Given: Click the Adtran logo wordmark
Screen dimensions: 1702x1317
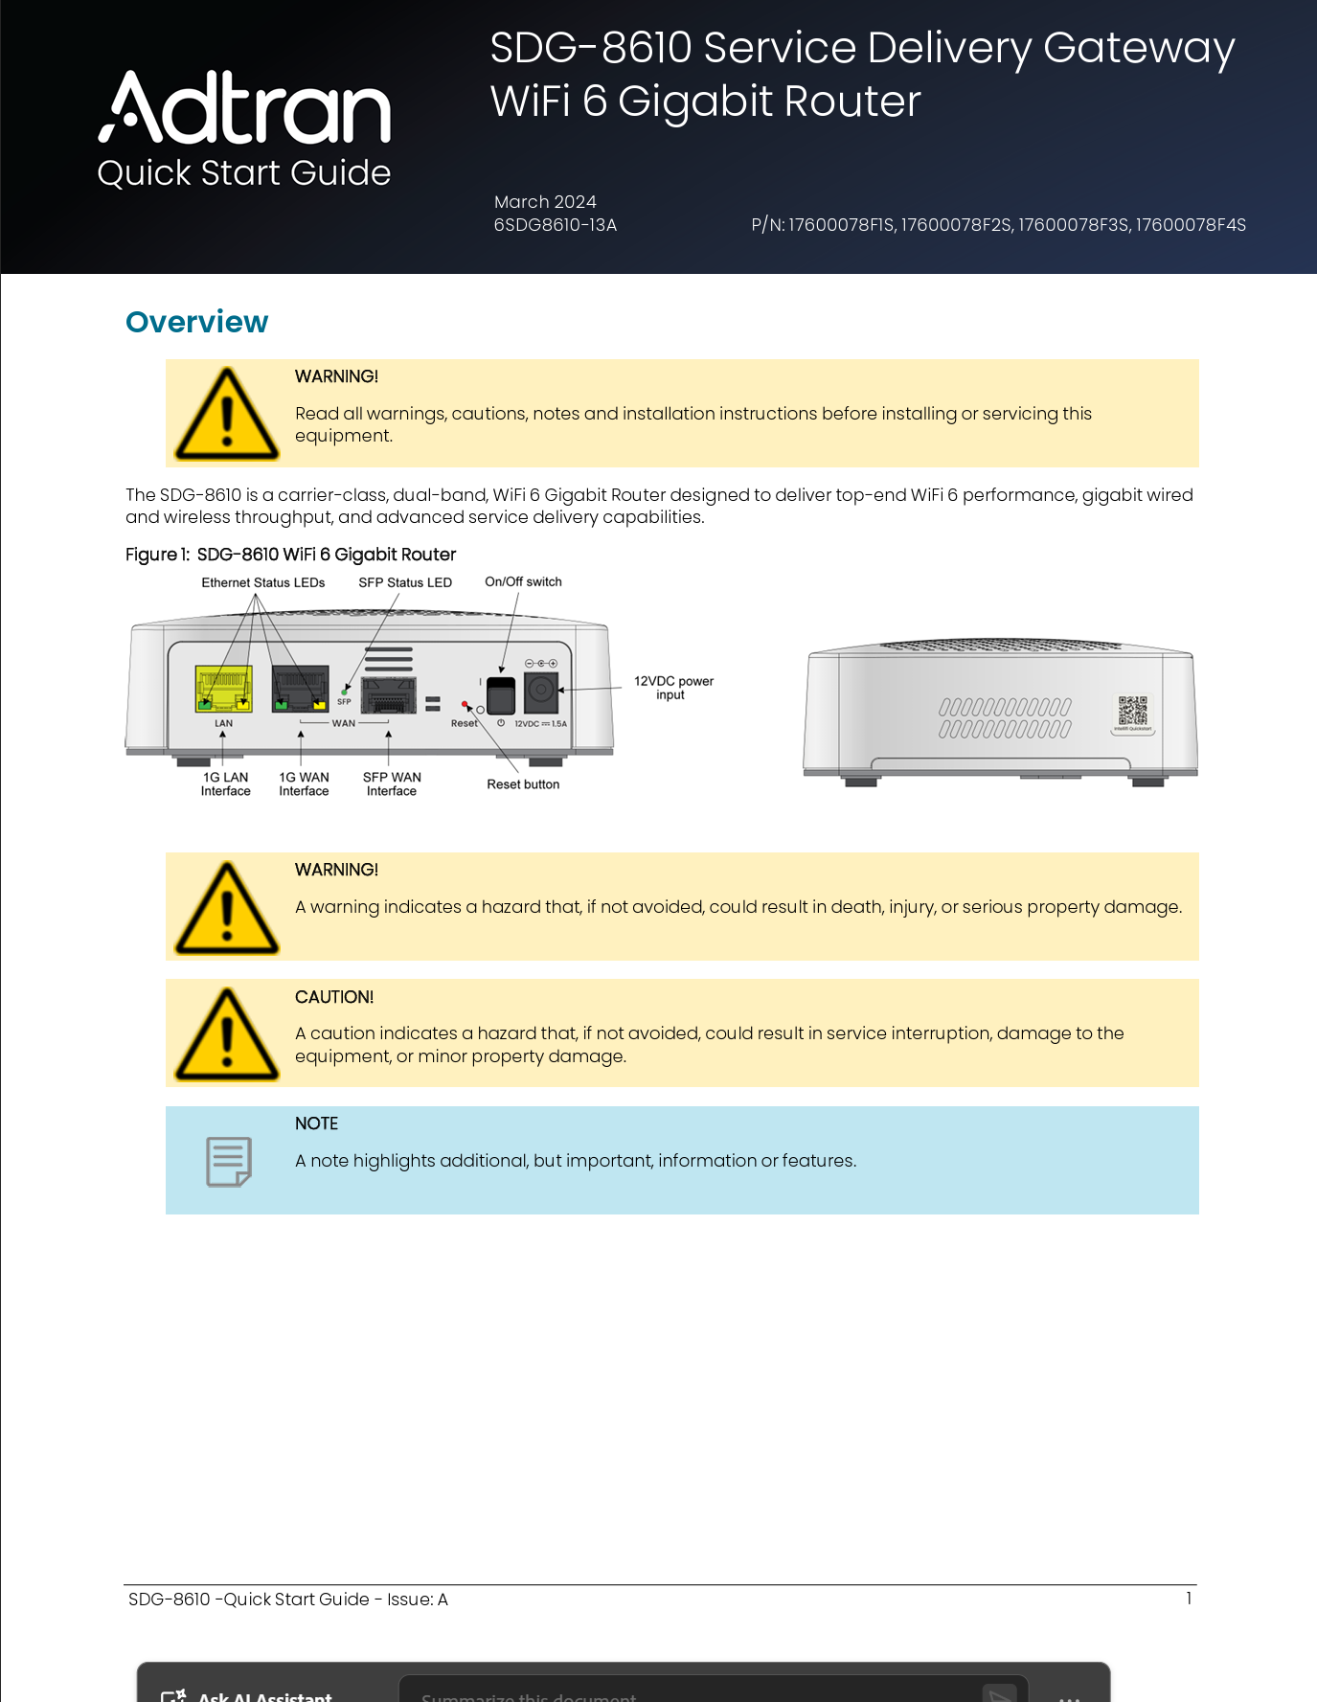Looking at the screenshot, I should [x=245, y=108].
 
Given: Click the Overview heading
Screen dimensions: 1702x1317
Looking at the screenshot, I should [x=196, y=322].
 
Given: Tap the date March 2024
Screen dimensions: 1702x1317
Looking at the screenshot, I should [x=545, y=202].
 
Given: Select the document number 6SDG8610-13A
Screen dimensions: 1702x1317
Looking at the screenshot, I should [x=555, y=225].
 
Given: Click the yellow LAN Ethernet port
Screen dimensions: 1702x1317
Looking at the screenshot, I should [x=223, y=689].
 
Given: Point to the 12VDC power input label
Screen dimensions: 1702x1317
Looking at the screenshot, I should [x=672, y=688].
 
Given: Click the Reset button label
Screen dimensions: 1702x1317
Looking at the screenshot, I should [x=523, y=784].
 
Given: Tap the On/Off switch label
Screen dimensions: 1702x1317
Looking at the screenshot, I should [x=523, y=581].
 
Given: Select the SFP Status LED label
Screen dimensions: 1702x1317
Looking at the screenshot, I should [x=404, y=582].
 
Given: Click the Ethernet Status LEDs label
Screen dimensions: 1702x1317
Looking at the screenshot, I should [x=262, y=582].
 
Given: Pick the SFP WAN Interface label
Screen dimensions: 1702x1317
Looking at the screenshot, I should [x=392, y=783].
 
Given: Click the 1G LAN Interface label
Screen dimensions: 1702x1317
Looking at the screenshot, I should [x=225, y=783].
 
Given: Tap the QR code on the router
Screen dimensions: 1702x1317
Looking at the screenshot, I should [x=1132, y=711].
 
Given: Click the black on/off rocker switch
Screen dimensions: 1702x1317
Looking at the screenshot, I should [x=501, y=694].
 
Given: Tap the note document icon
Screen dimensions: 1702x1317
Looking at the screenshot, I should [x=229, y=1161].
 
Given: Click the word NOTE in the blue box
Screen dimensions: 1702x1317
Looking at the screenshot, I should [x=316, y=1123].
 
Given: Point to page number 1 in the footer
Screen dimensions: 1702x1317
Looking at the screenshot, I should [x=1189, y=1598].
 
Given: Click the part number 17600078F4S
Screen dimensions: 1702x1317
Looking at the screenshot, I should [x=1191, y=225].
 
